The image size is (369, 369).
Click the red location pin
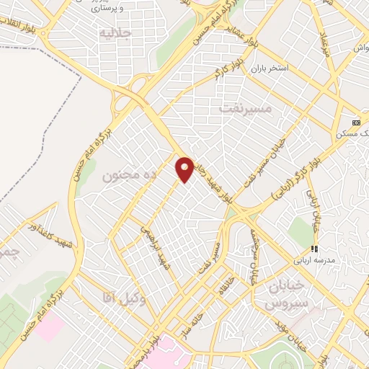(185, 169)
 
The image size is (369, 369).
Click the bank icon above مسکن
(355, 123)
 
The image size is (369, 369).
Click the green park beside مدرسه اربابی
(301, 232)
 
